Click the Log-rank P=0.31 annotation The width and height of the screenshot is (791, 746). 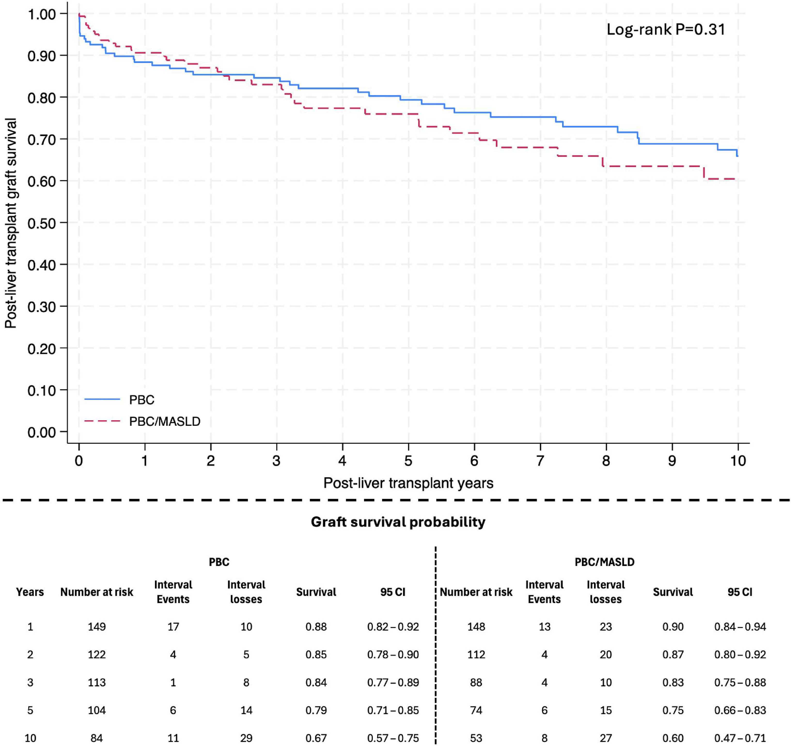pos(666,29)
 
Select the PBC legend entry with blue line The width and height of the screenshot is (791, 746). pos(119,400)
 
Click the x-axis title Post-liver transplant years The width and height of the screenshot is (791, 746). pos(408,483)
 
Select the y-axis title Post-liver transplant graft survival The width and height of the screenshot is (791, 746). pos(11,223)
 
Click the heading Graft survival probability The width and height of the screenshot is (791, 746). pos(398,522)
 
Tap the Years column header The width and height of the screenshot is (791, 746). pos(30,592)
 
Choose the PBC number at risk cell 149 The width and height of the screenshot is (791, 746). pos(97,627)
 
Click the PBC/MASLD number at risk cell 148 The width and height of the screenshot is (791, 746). pos(476,627)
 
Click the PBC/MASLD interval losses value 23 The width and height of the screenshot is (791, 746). pos(606,627)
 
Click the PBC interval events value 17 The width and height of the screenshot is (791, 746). pos(173,627)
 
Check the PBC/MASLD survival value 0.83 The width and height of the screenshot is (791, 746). pos(673,683)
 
